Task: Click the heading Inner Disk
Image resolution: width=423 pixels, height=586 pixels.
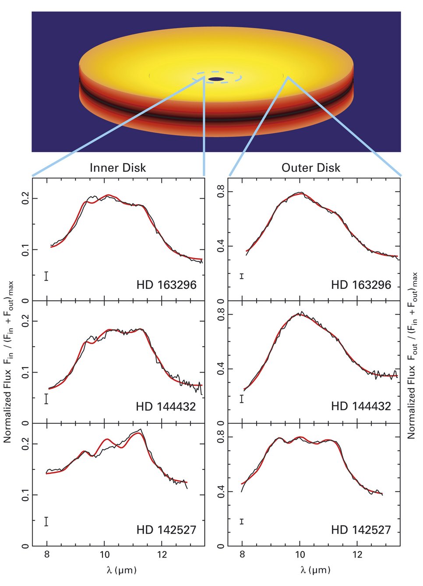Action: (118, 168)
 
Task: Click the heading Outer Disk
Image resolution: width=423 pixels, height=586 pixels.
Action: (310, 168)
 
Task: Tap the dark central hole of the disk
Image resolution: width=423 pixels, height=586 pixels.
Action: (216, 79)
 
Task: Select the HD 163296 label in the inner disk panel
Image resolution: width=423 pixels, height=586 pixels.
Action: (166, 285)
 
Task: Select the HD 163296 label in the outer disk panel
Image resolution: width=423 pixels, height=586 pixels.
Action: (361, 285)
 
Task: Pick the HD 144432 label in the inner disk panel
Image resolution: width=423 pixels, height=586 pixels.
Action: (166, 407)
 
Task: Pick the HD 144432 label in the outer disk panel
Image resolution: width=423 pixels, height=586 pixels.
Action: (361, 406)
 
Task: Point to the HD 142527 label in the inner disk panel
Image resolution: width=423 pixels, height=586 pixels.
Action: (166, 530)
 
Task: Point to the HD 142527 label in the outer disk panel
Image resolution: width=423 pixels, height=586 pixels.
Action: (361, 530)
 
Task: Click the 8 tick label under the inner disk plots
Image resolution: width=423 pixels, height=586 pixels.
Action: (47, 555)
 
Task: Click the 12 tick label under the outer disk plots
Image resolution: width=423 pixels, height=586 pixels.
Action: (357, 555)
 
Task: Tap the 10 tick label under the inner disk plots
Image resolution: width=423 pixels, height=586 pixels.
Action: (105, 555)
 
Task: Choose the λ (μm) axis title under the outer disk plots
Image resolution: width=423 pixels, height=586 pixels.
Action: (315, 570)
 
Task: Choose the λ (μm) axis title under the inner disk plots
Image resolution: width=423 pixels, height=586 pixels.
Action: (121, 570)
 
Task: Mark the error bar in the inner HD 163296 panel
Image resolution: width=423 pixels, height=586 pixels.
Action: (46, 276)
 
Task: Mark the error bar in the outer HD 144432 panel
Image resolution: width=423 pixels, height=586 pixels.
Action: (242, 399)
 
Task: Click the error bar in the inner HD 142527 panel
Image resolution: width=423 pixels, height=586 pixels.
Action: (46, 521)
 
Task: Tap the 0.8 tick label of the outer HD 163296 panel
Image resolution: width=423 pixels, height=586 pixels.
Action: (221, 192)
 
